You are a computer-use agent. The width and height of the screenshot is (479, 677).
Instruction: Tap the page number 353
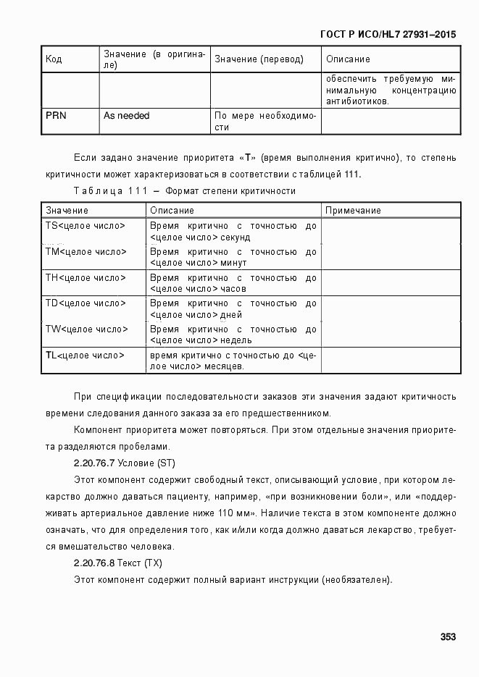tap(447, 637)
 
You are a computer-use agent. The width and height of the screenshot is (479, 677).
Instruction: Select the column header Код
tap(54, 59)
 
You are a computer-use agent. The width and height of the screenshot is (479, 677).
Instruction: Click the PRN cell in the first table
tap(56, 115)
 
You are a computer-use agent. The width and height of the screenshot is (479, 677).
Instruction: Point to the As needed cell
tap(126, 115)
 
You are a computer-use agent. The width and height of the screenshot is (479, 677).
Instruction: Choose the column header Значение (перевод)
tap(259, 59)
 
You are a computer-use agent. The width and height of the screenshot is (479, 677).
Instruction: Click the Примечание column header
tap(353, 210)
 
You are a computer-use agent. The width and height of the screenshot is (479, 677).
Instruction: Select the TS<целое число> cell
tap(85, 226)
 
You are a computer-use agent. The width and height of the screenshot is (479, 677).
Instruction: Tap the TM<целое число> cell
tap(86, 252)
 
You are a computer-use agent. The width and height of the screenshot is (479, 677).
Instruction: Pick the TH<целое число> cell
tap(85, 277)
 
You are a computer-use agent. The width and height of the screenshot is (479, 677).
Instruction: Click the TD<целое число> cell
tap(85, 303)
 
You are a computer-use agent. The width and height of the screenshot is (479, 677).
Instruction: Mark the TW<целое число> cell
tap(86, 329)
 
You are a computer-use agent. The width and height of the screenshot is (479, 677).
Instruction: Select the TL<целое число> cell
tap(85, 355)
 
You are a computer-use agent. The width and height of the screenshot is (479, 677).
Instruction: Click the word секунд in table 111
tap(236, 237)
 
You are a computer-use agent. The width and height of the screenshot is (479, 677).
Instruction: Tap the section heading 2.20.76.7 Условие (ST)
tap(124, 463)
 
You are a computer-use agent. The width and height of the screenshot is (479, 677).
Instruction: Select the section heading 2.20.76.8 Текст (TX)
tap(117, 563)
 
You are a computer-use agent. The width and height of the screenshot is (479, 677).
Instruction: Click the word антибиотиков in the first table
tap(357, 101)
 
